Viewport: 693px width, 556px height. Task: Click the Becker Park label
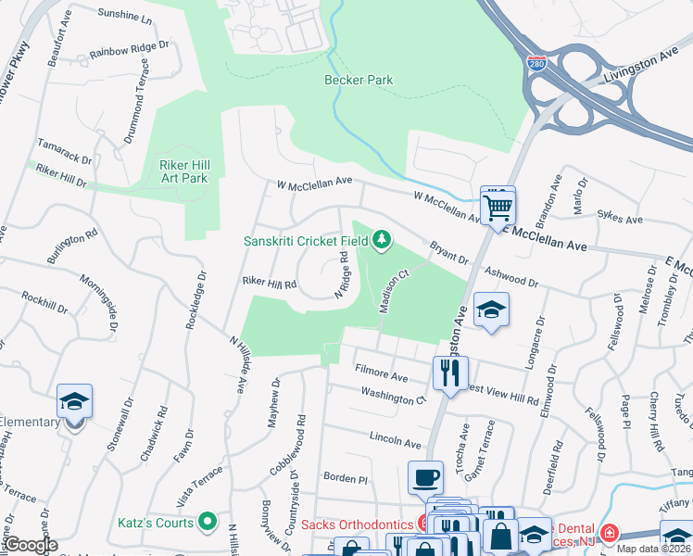click(359, 80)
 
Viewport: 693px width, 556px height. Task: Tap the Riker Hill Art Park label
click(183, 171)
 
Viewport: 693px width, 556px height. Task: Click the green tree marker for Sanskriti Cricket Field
click(381, 241)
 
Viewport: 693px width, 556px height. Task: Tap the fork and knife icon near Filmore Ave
click(450, 373)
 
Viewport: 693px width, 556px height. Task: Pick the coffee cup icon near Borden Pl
click(425, 478)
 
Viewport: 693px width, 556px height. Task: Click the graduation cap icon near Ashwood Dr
click(491, 310)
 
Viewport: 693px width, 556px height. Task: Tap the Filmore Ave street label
click(381, 373)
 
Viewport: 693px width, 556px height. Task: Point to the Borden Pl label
click(346, 479)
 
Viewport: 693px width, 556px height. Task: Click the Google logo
click(31, 545)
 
